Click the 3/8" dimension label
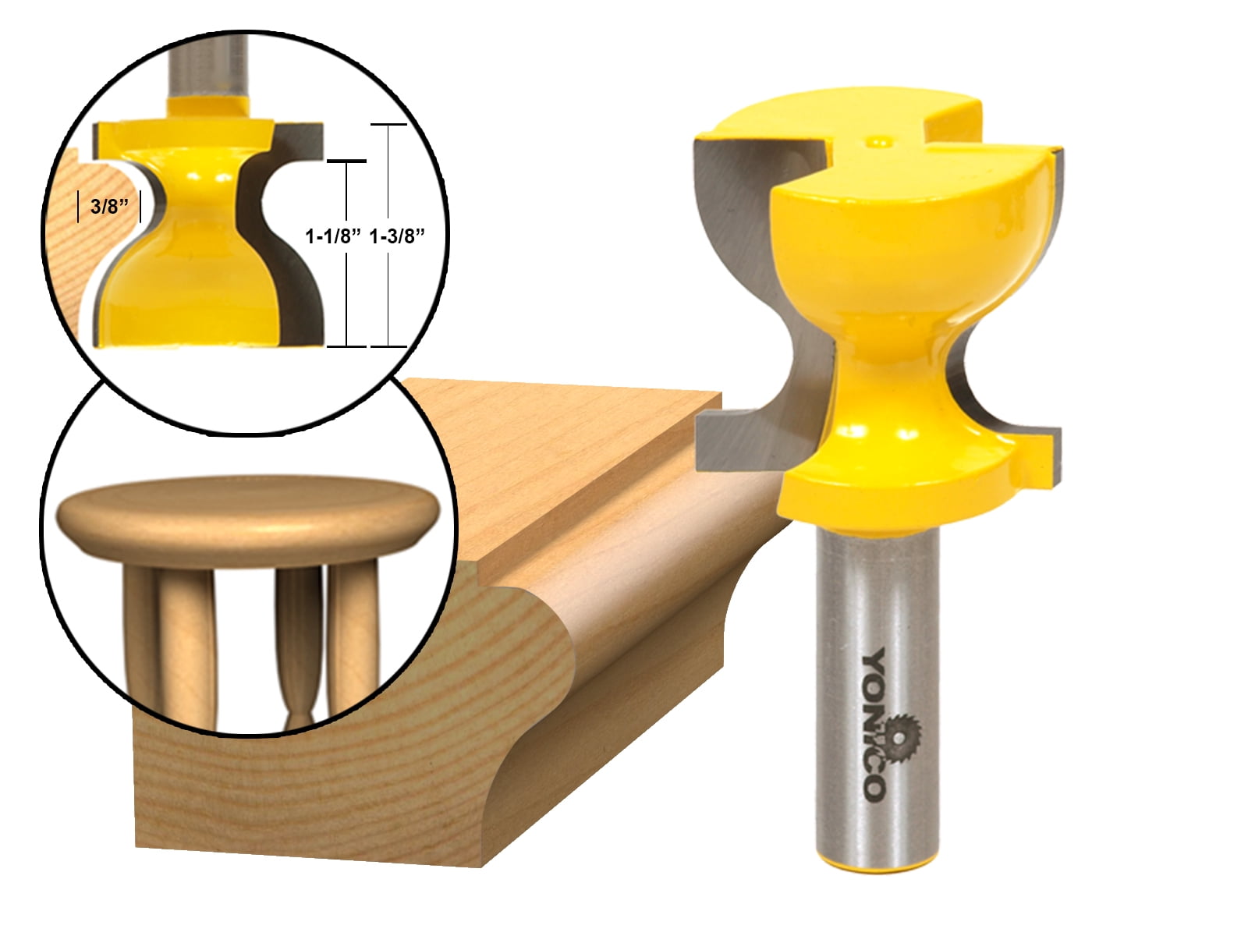click(x=108, y=207)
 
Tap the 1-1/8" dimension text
click(x=334, y=236)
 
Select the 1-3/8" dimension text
click(x=397, y=236)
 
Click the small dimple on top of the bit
click(x=879, y=141)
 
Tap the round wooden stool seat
click(x=248, y=511)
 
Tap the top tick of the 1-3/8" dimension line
click(x=388, y=125)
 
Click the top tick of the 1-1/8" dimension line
click(x=346, y=161)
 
